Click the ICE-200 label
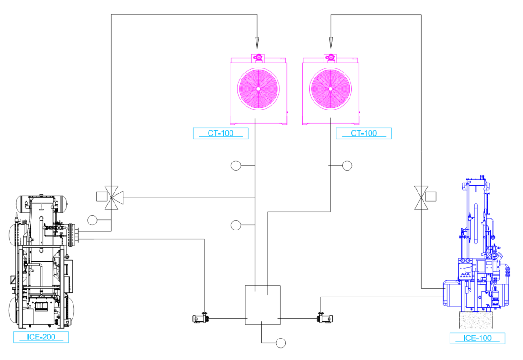(x=41, y=337)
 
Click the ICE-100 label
(x=477, y=338)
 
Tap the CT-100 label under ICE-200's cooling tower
(x=220, y=133)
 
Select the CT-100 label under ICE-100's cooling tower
(x=364, y=133)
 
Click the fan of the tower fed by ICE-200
(x=258, y=89)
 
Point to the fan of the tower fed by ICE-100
(x=330, y=89)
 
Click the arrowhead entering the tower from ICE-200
(x=257, y=43)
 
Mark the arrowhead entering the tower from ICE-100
(x=331, y=43)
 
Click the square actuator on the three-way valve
(x=101, y=196)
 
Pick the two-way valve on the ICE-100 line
(x=421, y=198)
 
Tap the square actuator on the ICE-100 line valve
(x=431, y=196)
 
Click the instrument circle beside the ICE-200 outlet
(x=92, y=220)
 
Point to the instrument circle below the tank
(x=281, y=343)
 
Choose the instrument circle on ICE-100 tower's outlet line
(x=347, y=165)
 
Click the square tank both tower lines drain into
(x=262, y=305)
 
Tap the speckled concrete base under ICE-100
(x=476, y=320)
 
